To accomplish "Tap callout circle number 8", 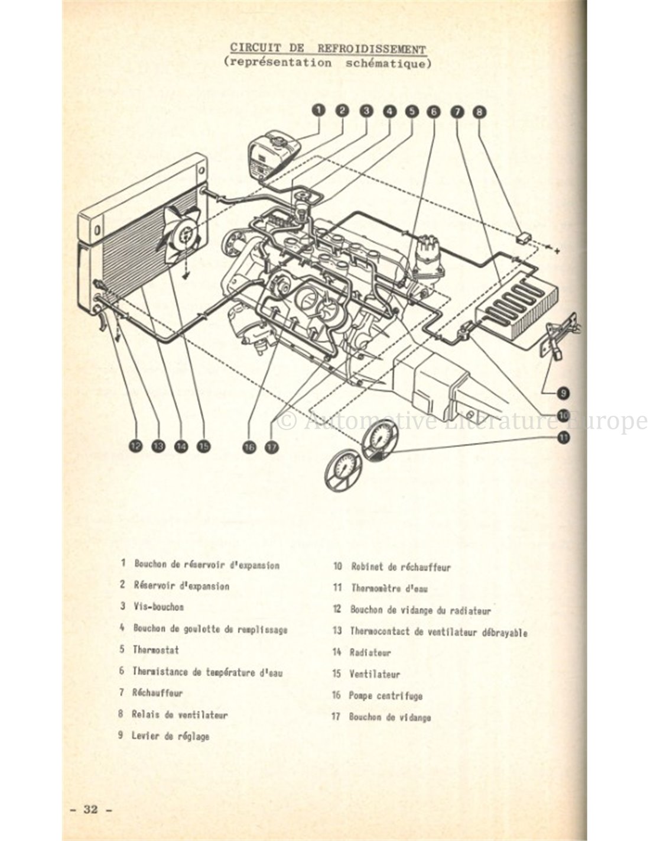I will click(479, 111).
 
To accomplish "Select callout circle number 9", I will click(562, 392).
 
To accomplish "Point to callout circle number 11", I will click(562, 437).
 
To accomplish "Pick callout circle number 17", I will click(271, 447).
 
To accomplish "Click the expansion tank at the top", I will click(274, 155).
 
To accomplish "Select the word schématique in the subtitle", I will click(385, 63).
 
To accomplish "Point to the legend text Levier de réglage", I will click(171, 736).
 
